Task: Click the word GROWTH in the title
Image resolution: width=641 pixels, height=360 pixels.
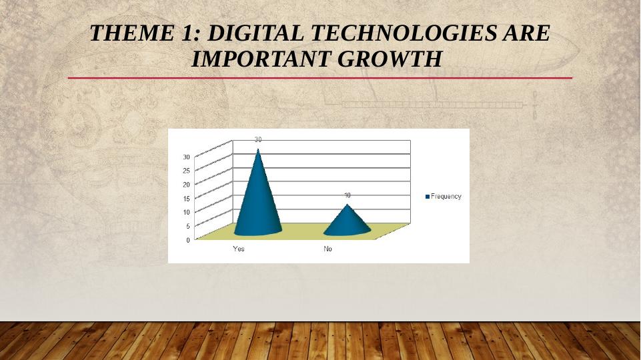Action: pyautogui.click(x=390, y=59)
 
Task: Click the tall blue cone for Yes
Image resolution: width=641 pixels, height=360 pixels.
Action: pyautogui.click(x=258, y=196)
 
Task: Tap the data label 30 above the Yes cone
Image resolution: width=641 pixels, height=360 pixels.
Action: pyautogui.click(x=258, y=140)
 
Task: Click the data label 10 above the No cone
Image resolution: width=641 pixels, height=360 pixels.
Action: pyautogui.click(x=347, y=195)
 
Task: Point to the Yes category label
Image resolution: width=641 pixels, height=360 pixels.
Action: pyautogui.click(x=238, y=249)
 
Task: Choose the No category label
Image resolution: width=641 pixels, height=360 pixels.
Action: pyautogui.click(x=328, y=249)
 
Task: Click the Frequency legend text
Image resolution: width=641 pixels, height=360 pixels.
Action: pyautogui.click(x=446, y=197)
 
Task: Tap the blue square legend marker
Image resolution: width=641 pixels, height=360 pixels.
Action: pyautogui.click(x=428, y=197)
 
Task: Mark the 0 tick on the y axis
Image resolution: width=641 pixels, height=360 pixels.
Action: pyautogui.click(x=188, y=240)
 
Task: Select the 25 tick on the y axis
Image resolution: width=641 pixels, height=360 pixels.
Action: pyautogui.click(x=186, y=171)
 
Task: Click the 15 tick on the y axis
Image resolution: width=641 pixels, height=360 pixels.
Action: pyautogui.click(x=186, y=199)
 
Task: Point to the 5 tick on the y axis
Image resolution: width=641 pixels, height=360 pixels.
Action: pyautogui.click(x=188, y=226)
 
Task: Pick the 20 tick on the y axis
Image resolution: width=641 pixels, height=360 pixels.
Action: pyautogui.click(x=186, y=185)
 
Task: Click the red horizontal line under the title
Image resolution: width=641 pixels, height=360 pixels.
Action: pyautogui.click(x=320, y=77)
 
